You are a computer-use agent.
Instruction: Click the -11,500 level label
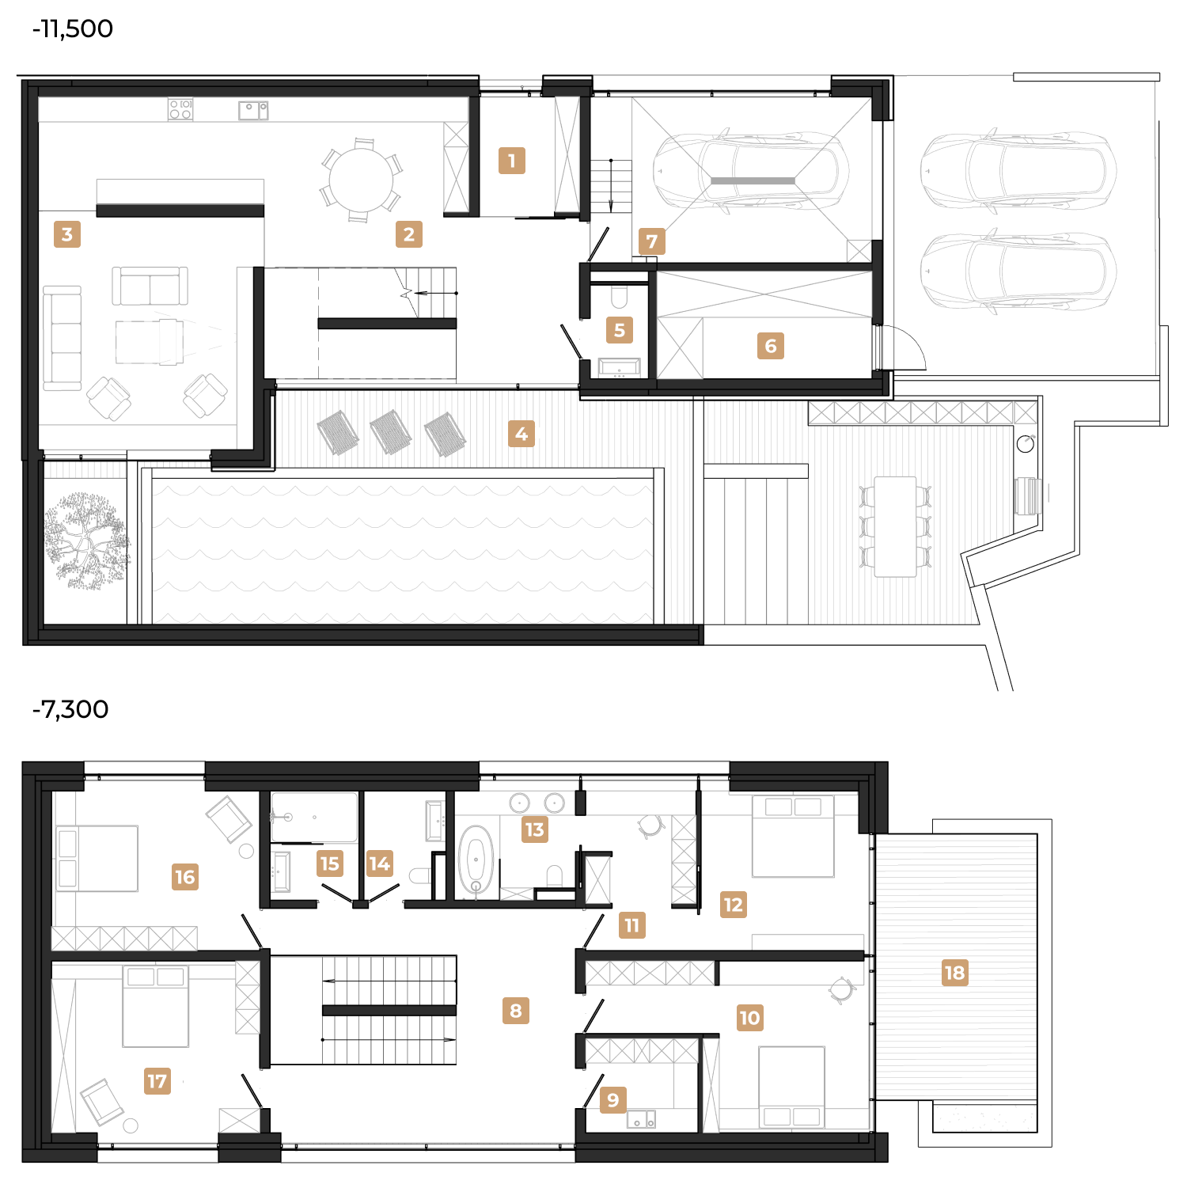pyautogui.click(x=73, y=29)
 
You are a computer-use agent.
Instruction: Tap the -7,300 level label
pyautogui.click(x=70, y=709)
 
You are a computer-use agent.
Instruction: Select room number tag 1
pyautogui.click(x=512, y=161)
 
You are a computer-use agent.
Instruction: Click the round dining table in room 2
pyautogui.click(x=361, y=180)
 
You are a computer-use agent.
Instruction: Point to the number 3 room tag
pyautogui.click(x=67, y=234)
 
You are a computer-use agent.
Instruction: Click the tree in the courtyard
pyautogui.click(x=85, y=541)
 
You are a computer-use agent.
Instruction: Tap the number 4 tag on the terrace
pyautogui.click(x=521, y=434)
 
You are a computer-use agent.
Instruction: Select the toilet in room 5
pyautogui.click(x=620, y=297)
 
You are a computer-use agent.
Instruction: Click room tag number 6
pyautogui.click(x=771, y=346)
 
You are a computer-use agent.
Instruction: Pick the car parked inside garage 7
pyautogui.click(x=751, y=172)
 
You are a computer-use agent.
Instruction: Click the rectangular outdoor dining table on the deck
pyautogui.click(x=895, y=526)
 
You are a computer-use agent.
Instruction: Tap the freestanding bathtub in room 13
pyautogui.click(x=476, y=860)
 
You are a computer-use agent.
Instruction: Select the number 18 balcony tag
pyautogui.click(x=955, y=973)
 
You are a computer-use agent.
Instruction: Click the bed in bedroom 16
pyautogui.click(x=97, y=859)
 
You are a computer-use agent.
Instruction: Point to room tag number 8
pyautogui.click(x=516, y=1011)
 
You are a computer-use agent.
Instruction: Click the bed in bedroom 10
pyautogui.click(x=791, y=1087)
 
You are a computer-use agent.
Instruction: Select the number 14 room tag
pyautogui.click(x=380, y=863)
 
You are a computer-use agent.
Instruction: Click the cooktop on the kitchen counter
pyautogui.click(x=180, y=109)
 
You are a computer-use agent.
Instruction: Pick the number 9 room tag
pyautogui.click(x=613, y=1100)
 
